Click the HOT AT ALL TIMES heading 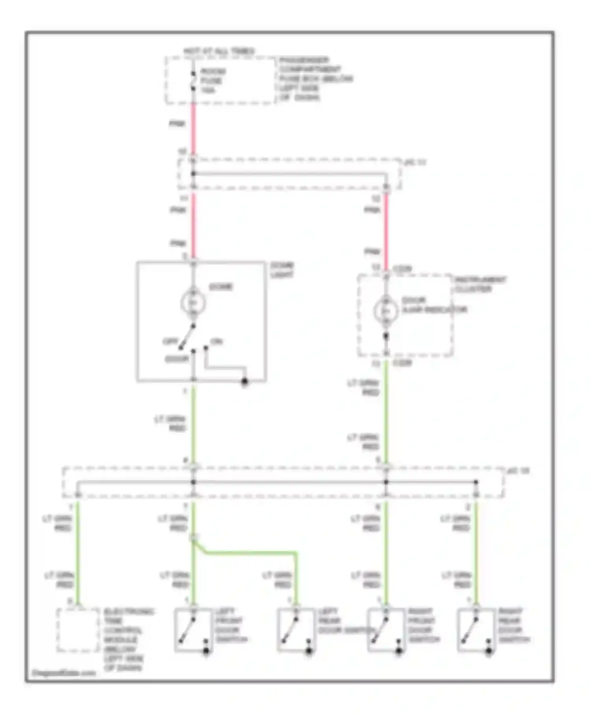click(219, 52)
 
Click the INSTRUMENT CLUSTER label click(480, 285)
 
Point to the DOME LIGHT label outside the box click(282, 270)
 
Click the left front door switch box click(194, 630)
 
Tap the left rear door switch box click(296, 630)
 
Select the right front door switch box click(386, 630)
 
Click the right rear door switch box click(476, 630)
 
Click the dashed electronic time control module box click(78, 630)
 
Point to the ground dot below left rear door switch click(309, 652)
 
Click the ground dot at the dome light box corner click(245, 381)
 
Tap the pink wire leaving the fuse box click(194, 126)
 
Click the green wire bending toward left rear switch click(252, 553)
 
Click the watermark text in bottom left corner click(64, 673)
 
